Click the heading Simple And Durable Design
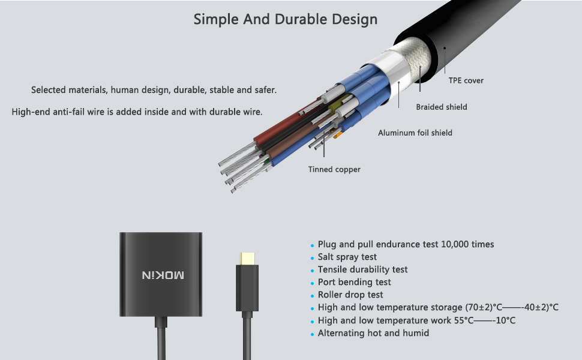286,19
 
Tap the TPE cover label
466,80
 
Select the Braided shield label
442,107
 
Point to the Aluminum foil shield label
415,133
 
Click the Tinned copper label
334,169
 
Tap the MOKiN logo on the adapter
163,275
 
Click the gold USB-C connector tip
247,259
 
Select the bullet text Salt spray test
347,257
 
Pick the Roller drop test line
350,295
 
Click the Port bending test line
354,282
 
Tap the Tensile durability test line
362,269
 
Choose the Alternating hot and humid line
373,333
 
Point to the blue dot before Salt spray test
312,258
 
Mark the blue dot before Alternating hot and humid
312,334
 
